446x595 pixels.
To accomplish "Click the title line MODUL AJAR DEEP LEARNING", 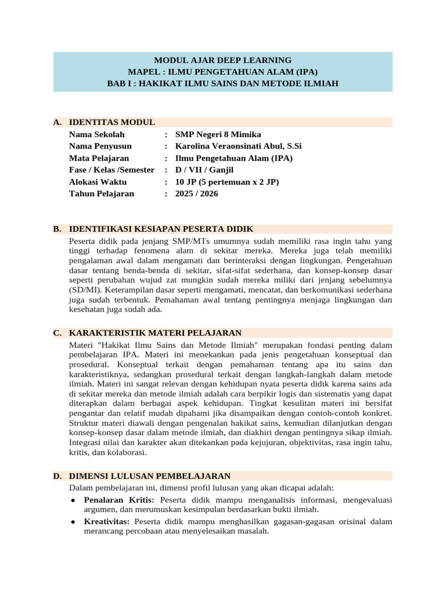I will coord(222,60).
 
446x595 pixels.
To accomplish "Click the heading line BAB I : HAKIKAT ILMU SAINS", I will coord(222,84).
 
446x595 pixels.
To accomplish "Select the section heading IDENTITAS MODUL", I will coord(112,122).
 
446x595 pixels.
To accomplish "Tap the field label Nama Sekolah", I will coord(97,134).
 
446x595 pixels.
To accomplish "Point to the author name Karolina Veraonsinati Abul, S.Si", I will coord(238,146).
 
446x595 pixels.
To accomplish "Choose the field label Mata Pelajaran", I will coord(99,158).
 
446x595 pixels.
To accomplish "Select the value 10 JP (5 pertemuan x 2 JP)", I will coord(227,182).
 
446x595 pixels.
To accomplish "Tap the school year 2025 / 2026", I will coord(197,193).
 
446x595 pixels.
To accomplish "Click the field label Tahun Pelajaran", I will coord(102,193).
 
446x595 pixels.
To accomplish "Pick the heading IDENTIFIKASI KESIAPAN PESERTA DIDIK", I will coord(161,229).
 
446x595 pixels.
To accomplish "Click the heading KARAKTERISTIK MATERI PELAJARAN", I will coord(155,333).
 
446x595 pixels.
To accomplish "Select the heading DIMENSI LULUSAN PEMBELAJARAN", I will coord(150,476).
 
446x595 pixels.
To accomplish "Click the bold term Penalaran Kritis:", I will coord(119,499).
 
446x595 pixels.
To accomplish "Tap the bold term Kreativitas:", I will coord(106,521).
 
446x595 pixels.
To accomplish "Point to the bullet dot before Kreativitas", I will coord(73,522).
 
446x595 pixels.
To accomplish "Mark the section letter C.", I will coord(57,333).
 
